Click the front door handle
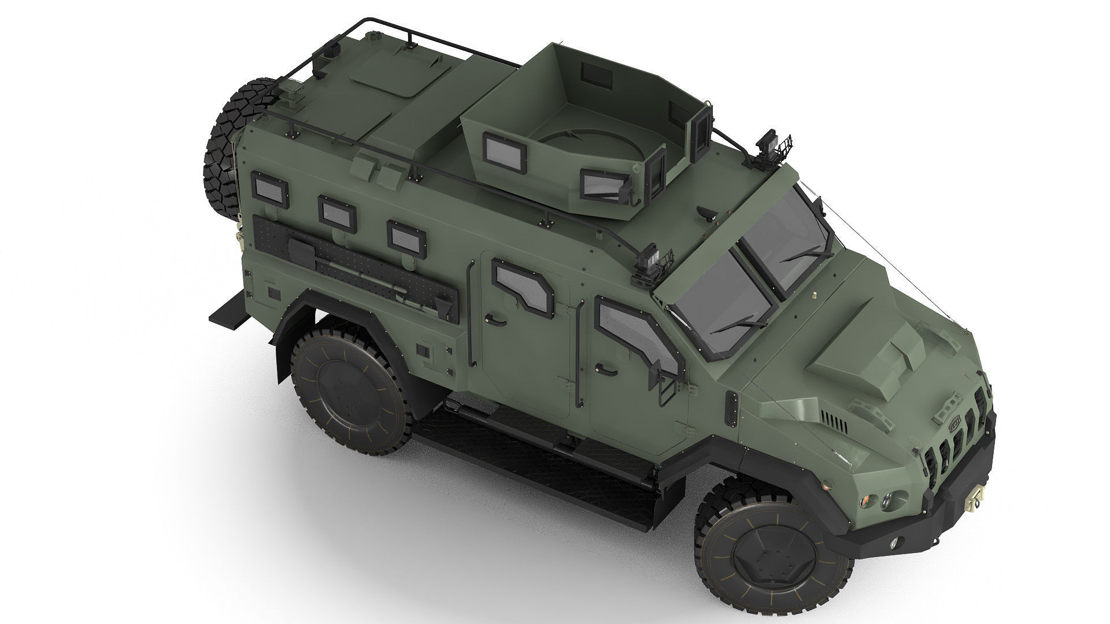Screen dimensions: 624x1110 (x=603, y=368)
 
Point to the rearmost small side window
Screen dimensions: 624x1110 (x=269, y=188)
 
